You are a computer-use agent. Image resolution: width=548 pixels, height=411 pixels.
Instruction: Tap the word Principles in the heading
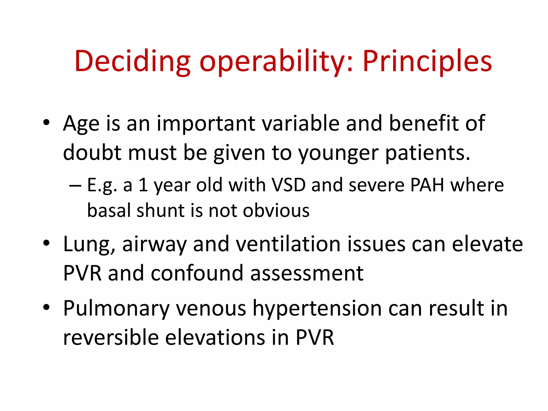427,61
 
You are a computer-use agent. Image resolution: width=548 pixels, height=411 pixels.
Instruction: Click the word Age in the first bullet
81,124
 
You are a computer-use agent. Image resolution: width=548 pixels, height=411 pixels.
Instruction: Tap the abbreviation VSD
288,185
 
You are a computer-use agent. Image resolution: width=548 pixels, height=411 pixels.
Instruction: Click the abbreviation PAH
427,185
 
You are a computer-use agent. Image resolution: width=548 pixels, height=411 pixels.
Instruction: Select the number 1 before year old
143,185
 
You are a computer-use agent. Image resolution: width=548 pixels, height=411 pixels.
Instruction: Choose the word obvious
276,210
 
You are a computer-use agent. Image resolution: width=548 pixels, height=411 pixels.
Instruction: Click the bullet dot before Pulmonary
46,307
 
